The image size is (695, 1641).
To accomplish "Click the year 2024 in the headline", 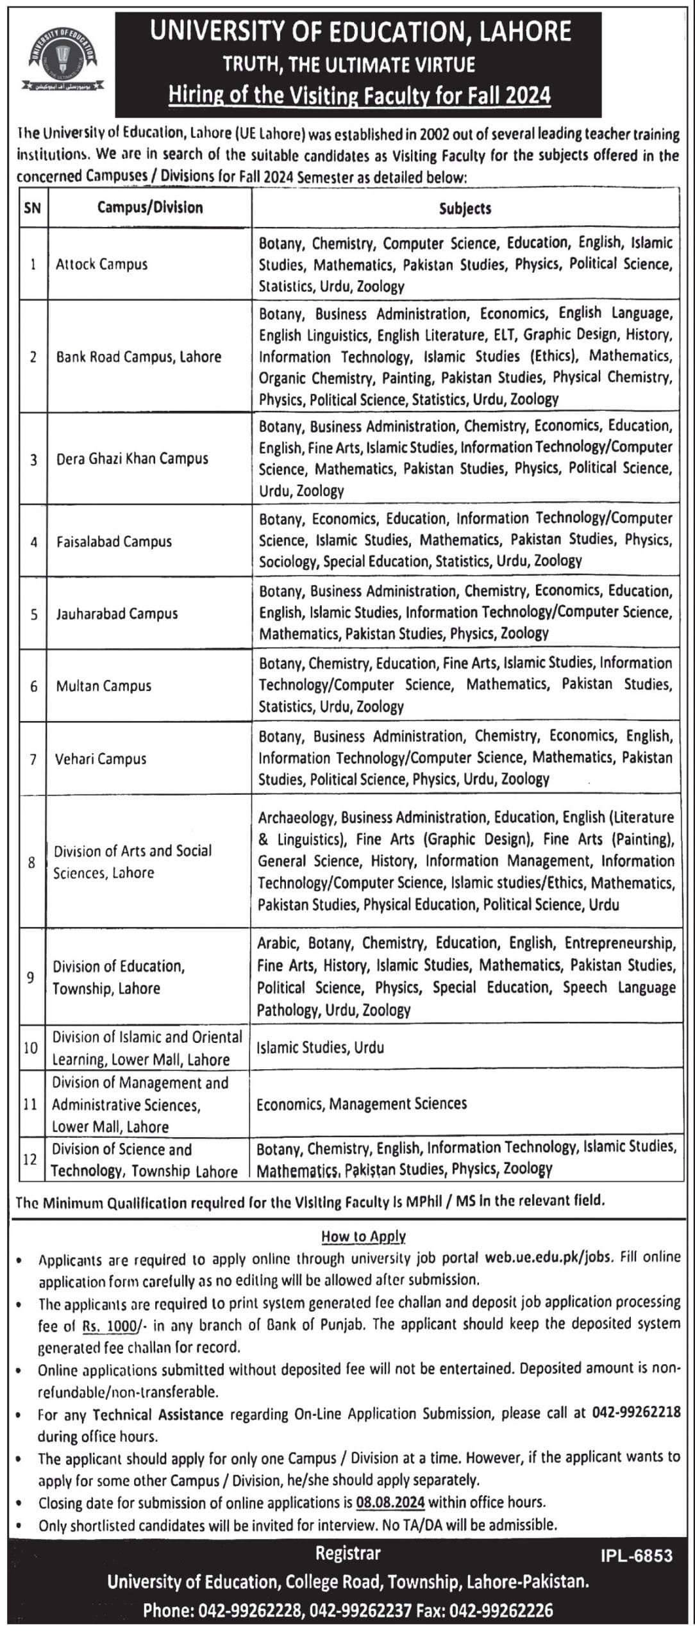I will [528, 96].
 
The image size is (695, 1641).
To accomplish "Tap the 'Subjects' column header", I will [465, 208].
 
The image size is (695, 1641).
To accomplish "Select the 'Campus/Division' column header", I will [150, 207].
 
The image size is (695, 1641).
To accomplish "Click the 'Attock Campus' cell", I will [102, 264].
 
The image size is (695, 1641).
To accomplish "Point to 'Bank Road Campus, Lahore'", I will [138, 357].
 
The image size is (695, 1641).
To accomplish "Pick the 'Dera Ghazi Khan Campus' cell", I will [132, 459].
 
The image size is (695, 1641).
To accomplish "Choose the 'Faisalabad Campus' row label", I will [114, 542].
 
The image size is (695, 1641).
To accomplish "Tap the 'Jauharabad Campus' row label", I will [117, 614].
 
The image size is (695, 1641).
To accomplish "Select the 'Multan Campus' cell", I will [104, 686].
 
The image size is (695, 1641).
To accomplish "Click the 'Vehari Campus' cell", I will [101, 759].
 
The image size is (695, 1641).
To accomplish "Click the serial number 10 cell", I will [31, 1048].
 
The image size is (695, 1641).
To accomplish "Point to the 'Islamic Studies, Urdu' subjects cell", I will [321, 1048].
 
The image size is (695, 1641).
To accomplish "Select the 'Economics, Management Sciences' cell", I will [362, 1104].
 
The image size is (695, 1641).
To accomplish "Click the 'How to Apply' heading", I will [364, 1237].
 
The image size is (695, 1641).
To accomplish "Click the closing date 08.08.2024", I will [392, 1502].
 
